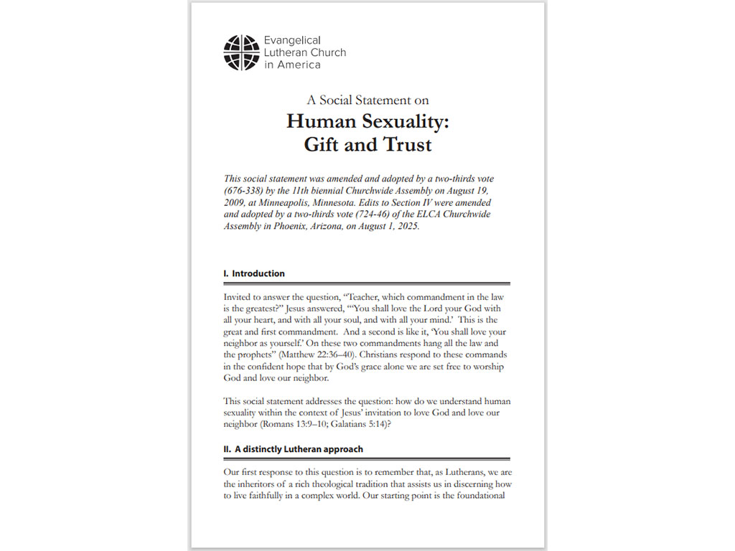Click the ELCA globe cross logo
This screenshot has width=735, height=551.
pos(241,52)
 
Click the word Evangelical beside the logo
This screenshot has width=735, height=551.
pos(292,40)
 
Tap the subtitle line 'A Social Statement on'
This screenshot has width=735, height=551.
pos(367,100)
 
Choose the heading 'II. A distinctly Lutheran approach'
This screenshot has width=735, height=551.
pos(294,449)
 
